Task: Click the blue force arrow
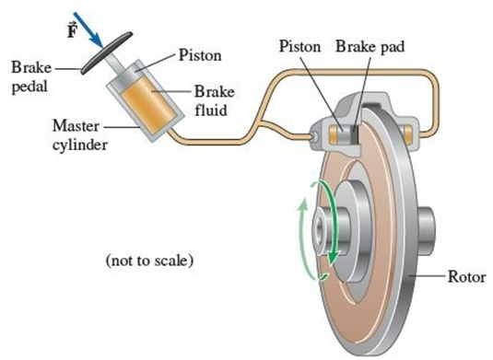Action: [88, 29]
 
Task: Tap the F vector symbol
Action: [72, 29]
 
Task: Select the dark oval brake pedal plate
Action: [106, 52]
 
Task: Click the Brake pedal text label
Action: [30, 77]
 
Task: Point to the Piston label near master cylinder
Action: [200, 55]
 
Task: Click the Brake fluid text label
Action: [215, 100]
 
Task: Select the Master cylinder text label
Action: [79, 135]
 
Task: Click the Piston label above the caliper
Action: [300, 46]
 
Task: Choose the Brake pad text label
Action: [370, 46]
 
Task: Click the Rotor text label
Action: [466, 277]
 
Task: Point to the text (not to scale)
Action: [149, 261]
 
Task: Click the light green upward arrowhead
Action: [303, 206]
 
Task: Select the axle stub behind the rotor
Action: [427, 232]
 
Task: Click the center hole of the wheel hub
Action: [320, 231]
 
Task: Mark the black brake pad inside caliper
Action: [355, 134]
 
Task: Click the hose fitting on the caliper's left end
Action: [314, 136]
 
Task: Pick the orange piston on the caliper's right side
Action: [407, 134]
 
